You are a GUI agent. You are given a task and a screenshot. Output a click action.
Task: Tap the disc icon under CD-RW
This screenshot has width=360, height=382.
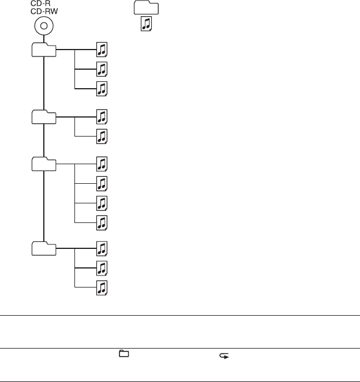pyautogui.click(x=44, y=27)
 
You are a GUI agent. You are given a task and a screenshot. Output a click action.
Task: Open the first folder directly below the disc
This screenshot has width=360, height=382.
pyautogui.click(x=44, y=50)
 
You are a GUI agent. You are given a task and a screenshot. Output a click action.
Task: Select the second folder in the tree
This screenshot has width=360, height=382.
pyautogui.click(x=44, y=117)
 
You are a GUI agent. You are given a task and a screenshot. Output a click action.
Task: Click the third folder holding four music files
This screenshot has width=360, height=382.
pyautogui.click(x=44, y=164)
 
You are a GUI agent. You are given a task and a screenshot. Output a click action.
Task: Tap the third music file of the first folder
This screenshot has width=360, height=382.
pyautogui.click(x=102, y=89)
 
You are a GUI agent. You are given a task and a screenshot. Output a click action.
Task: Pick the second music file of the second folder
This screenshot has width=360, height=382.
pyautogui.click(x=102, y=137)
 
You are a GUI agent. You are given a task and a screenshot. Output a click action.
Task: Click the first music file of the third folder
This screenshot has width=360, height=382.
pyautogui.click(x=102, y=164)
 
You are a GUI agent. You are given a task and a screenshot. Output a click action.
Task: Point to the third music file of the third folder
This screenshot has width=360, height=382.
pyautogui.click(x=102, y=203)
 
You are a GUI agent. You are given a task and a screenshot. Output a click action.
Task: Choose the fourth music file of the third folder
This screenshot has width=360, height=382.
pyautogui.click(x=102, y=222)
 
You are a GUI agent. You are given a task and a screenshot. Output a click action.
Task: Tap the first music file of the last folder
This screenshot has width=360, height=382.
pyautogui.click(x=102, y=248)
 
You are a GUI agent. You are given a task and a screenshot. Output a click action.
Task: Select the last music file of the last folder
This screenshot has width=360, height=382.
pyautogui.click(x=102, y=288)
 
